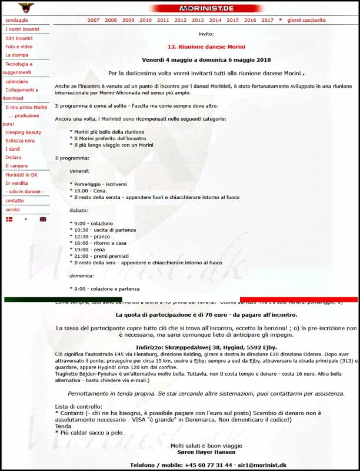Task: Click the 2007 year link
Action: point(94,20)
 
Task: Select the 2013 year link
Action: point(198,20)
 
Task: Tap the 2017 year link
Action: point(267,20)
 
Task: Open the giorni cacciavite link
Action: point(306,20)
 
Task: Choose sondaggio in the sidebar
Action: point(16,20)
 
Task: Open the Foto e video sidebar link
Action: point(19,47)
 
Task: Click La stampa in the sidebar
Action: point(16,55)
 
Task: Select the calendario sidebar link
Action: point(16,81)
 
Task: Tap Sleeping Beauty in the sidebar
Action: point(23,132)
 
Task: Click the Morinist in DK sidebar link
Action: point(21,175)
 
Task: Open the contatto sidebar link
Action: point(15,201)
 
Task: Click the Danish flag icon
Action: point(9,219)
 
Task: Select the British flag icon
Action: point(43,219)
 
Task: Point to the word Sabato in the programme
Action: point(79,210)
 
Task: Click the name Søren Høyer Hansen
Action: point(206,453)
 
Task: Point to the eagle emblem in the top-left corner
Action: point(26,8)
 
